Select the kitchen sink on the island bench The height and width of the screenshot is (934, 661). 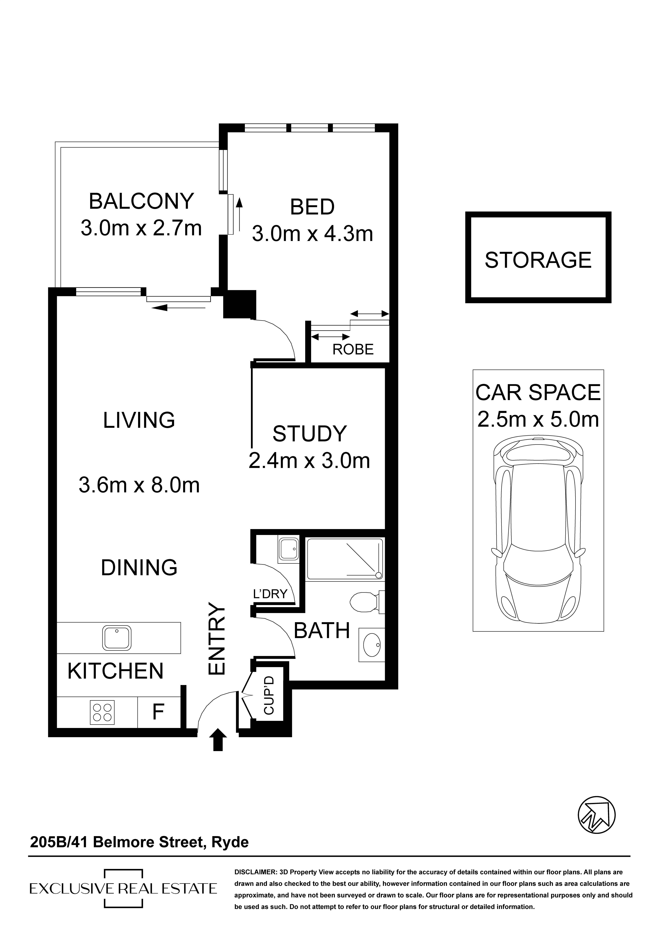point(116,638)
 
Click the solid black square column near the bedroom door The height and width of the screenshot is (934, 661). point(240,304)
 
